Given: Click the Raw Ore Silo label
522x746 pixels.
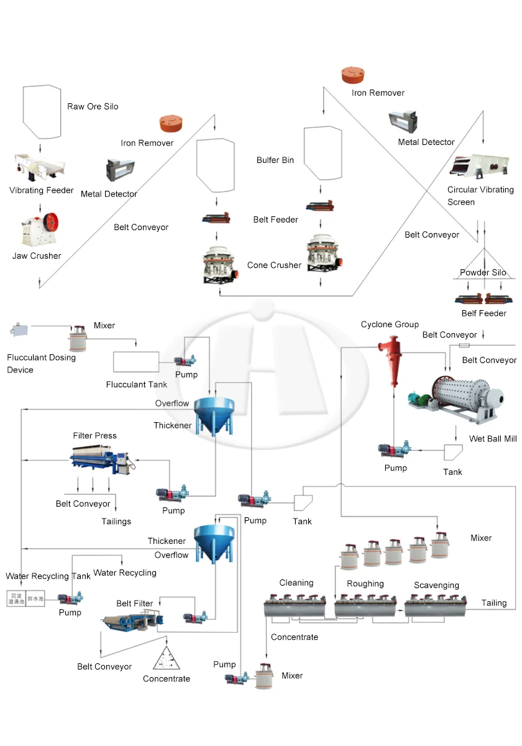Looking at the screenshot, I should [x=93, y=106].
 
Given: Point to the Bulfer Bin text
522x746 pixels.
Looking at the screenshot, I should [x=275, y=160].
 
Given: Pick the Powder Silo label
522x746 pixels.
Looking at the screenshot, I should [x=483, y=272].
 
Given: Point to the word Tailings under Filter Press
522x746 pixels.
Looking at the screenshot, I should [x=116, y=521].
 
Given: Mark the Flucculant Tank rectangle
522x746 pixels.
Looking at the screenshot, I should [x=136, y=362].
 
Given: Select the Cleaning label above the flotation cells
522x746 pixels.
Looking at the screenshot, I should [x=296, y=583].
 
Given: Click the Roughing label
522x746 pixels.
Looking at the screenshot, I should [x=365, y=583].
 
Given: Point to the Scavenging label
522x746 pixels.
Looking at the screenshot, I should [x=437, y=585].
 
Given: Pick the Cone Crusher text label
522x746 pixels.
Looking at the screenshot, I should [x=274, y=265].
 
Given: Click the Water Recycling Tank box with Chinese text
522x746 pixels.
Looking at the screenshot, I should [x=24, y=599].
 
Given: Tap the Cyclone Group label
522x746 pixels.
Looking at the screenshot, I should [x=390, y=324].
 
